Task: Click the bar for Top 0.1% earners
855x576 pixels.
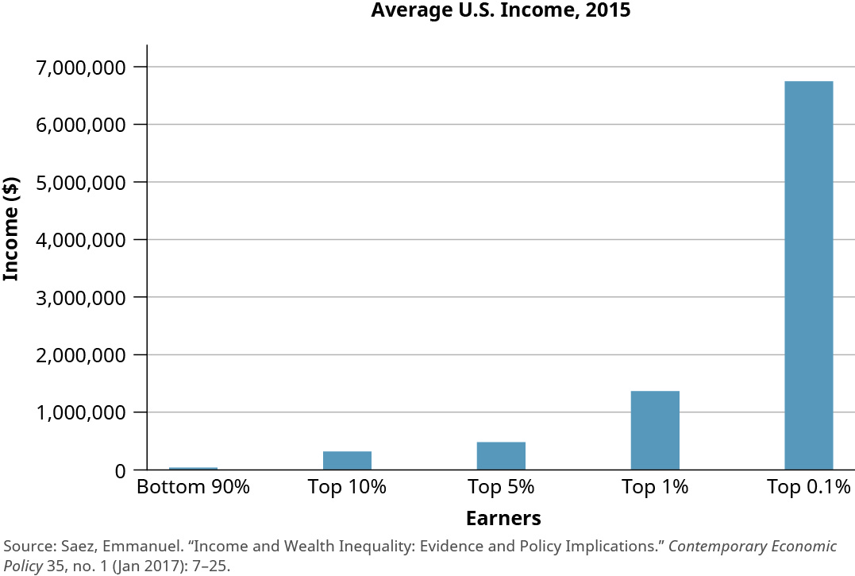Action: point(808,275)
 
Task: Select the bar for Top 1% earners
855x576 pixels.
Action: point(654,430)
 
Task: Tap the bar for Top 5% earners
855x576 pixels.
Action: point(500,455)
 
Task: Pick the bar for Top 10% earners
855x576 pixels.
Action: point(347,460)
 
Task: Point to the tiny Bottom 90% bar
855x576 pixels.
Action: point(193,468)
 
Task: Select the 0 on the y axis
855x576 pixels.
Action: point(119,471)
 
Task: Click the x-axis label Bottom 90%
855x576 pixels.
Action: point(193,487)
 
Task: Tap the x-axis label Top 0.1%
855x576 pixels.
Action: point(808,487)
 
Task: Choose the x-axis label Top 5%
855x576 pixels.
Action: point(500,487)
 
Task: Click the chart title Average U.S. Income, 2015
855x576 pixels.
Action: point(500,11)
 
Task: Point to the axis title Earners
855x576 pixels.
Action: point(503,519)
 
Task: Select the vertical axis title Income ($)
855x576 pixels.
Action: point(11,230)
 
